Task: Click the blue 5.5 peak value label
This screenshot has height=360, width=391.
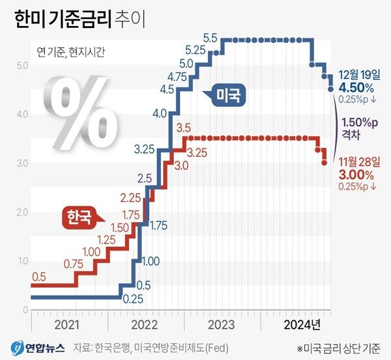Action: [210, 38]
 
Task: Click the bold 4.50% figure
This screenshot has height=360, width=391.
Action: [356, 87]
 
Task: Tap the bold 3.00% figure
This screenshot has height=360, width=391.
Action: [356, 174]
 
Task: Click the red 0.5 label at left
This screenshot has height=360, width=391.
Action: [38, 277]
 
